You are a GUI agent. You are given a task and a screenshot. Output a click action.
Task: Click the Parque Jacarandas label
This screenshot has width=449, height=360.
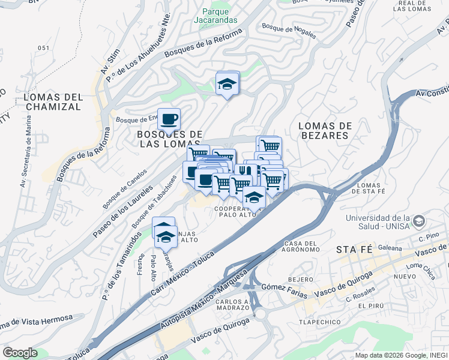(215, 16)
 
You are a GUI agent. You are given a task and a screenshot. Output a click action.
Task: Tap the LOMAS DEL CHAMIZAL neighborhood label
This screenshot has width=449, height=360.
(53, 102)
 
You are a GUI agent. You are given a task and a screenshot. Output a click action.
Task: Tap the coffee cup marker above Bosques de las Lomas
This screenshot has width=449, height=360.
(169, 118)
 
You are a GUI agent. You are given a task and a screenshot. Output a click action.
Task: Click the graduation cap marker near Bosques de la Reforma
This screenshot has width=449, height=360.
(228, 83)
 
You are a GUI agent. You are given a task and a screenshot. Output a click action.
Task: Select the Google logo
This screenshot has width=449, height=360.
(20, 353)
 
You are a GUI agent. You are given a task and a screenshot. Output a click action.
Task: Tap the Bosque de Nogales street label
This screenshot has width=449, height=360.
(289, 28)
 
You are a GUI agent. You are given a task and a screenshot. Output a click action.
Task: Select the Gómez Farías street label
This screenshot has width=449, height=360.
(284, 291)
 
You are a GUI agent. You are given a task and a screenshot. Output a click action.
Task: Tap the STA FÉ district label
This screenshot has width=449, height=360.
(355, 249)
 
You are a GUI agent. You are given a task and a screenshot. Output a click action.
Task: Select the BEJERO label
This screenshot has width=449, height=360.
(301, 280)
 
